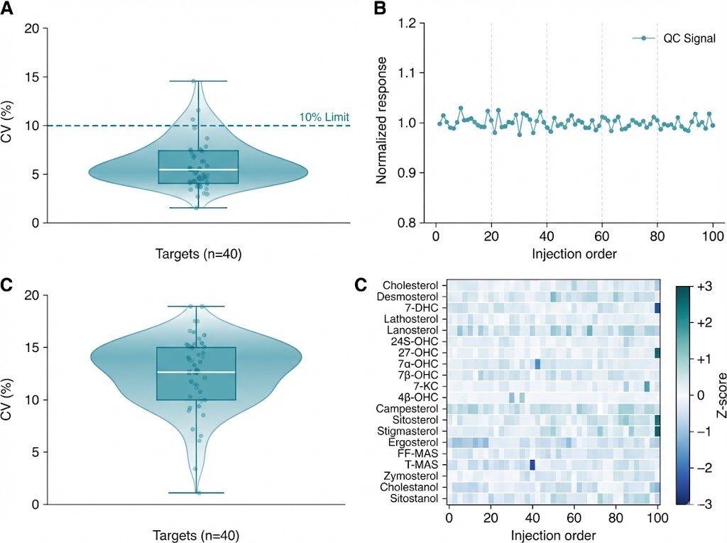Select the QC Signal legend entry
(674, 38)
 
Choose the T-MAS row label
(423, 465)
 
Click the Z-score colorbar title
(719, 394)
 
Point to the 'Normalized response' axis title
(381, 123)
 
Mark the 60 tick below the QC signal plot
(602, 235)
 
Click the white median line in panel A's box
(198, 170)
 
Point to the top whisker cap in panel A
(198, 81)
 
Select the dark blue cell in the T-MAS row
(532, 465)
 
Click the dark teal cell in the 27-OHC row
(657, 353)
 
